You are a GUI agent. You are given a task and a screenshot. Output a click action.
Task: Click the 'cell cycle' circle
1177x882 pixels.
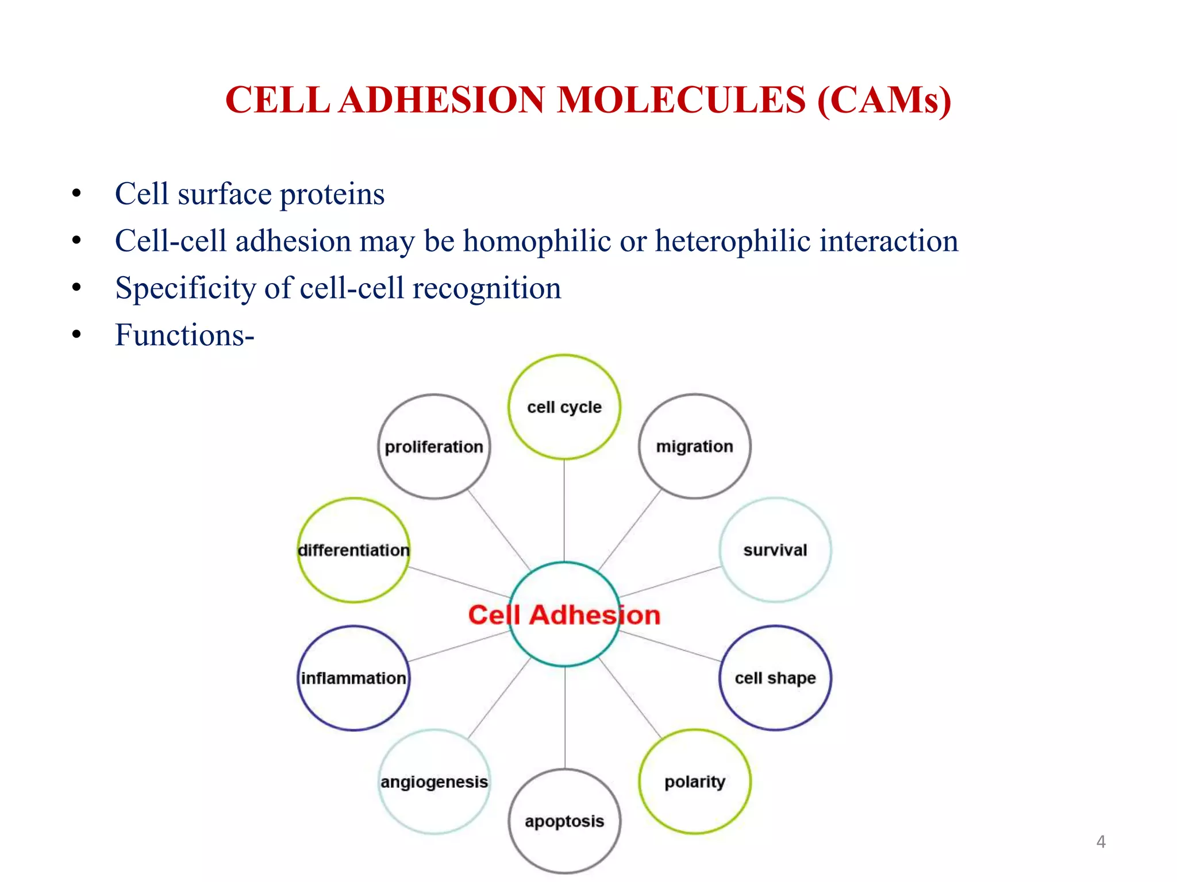(x=564, y=407)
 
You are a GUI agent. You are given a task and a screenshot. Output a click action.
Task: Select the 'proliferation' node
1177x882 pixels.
(x=434, y=447)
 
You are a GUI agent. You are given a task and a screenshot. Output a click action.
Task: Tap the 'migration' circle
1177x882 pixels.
(x=694, y=447)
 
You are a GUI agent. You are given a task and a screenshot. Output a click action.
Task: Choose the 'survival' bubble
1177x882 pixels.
(x=775, y=550)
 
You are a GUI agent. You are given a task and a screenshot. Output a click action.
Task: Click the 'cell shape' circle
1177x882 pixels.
(x=775, y=678)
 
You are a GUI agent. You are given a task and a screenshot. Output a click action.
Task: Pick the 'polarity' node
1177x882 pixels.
(x=694, y=782)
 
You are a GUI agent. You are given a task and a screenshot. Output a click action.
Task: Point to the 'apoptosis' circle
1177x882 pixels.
(x=564, y=821)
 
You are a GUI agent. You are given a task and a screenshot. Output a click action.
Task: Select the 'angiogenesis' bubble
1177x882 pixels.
(x=434, y=782)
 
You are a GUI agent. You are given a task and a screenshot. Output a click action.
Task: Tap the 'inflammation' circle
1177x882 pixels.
(x=353, y=678)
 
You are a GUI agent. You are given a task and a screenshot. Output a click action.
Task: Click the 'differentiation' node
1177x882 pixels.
(x=353, y=550)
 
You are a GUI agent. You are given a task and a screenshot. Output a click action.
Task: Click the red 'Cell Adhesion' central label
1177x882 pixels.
(x=564, y=615)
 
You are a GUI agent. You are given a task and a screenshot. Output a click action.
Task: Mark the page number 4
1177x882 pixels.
(x=1101, y=842)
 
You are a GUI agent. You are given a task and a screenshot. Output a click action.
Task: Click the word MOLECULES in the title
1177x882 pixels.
(x=682, y=100)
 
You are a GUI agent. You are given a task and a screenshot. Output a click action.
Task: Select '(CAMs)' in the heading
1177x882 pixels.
(x=884, y=100)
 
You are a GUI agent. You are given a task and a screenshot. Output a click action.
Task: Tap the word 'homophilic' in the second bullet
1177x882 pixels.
(x=537, y=241)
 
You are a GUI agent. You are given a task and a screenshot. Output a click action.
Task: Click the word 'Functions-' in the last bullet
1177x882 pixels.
(x=184, y=335)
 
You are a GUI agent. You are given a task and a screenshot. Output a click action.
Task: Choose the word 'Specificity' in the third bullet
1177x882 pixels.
(x=185, y=288)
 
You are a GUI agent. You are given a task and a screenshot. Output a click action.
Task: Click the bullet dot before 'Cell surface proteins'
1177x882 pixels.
(x=76, y=194)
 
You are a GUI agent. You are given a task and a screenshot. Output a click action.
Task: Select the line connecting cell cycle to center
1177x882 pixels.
(x=564, y=511)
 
